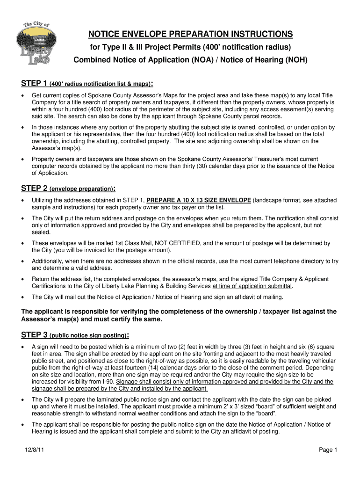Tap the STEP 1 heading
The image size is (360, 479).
(35, 84)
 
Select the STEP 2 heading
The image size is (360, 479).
(35, 189)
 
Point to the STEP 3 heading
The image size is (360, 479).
(35, 335)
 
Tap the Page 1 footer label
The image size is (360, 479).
(328, 450)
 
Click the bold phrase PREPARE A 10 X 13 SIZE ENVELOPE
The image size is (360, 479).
(199, 200)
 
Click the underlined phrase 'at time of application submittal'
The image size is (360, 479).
(252, 286)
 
